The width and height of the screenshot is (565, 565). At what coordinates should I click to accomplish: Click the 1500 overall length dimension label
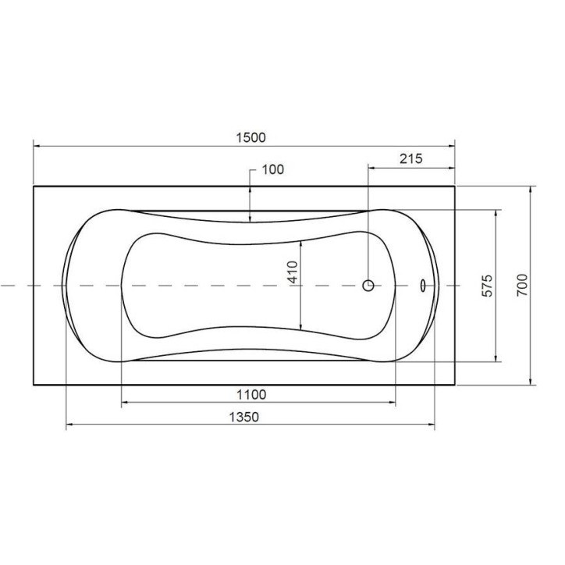tap(251, 137)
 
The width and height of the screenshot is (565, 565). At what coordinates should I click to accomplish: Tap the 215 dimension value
tap(410, 158)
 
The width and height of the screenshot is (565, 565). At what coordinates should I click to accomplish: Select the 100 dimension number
tap(272, 169)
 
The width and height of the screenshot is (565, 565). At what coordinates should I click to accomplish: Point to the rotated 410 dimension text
tap(293, 272)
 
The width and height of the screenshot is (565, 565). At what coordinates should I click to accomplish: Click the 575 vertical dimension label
tap(487, 286)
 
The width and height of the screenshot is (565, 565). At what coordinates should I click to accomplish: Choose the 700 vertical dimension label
tap(522, 285)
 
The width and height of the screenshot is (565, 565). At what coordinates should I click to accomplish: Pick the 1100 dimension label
tap(251, 395)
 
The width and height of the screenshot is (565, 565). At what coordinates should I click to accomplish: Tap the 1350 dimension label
tap(244, 417)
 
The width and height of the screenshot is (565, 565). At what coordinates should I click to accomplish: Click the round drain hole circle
tap(368, 286)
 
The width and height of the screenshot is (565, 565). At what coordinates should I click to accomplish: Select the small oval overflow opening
tap(422, 286)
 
